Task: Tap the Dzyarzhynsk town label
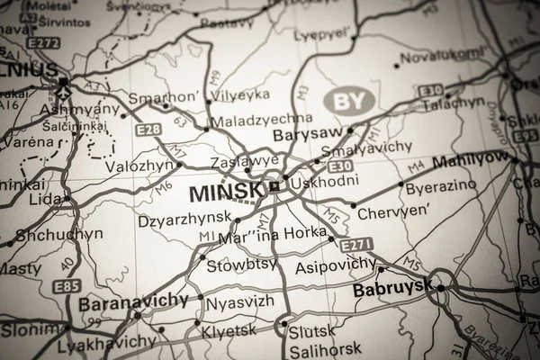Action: [x=184, y=220]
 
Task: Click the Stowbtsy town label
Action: [x=238, y=265]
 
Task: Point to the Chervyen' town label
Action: [x=389, y=213]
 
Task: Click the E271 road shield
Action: [x=355, y=243]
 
